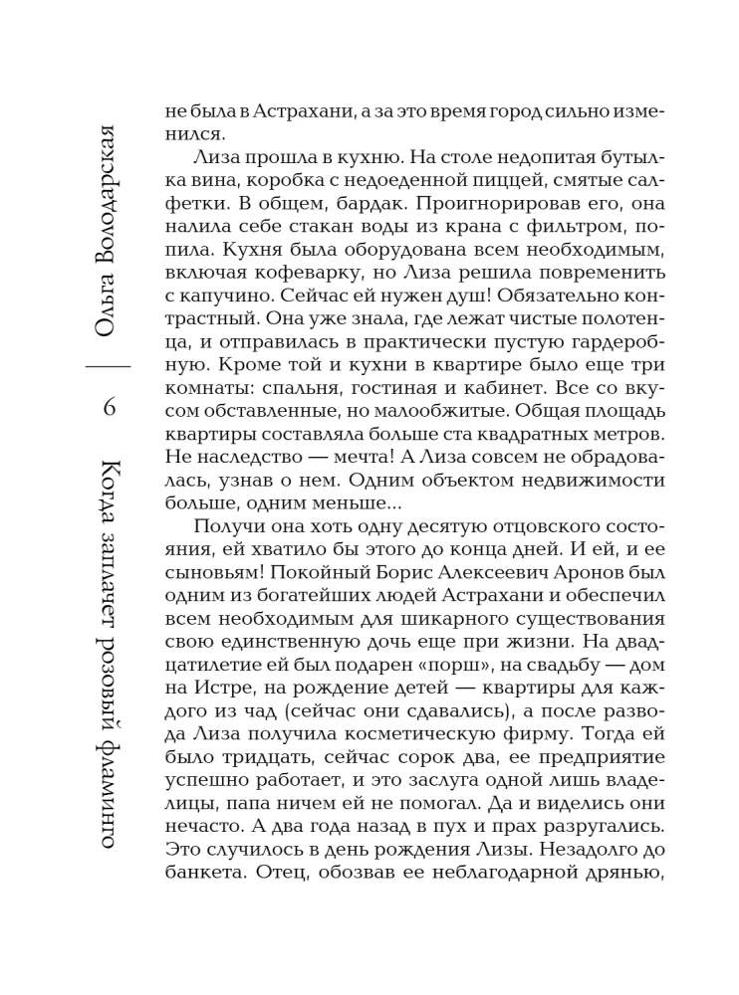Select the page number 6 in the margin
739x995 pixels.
[109, 406]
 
